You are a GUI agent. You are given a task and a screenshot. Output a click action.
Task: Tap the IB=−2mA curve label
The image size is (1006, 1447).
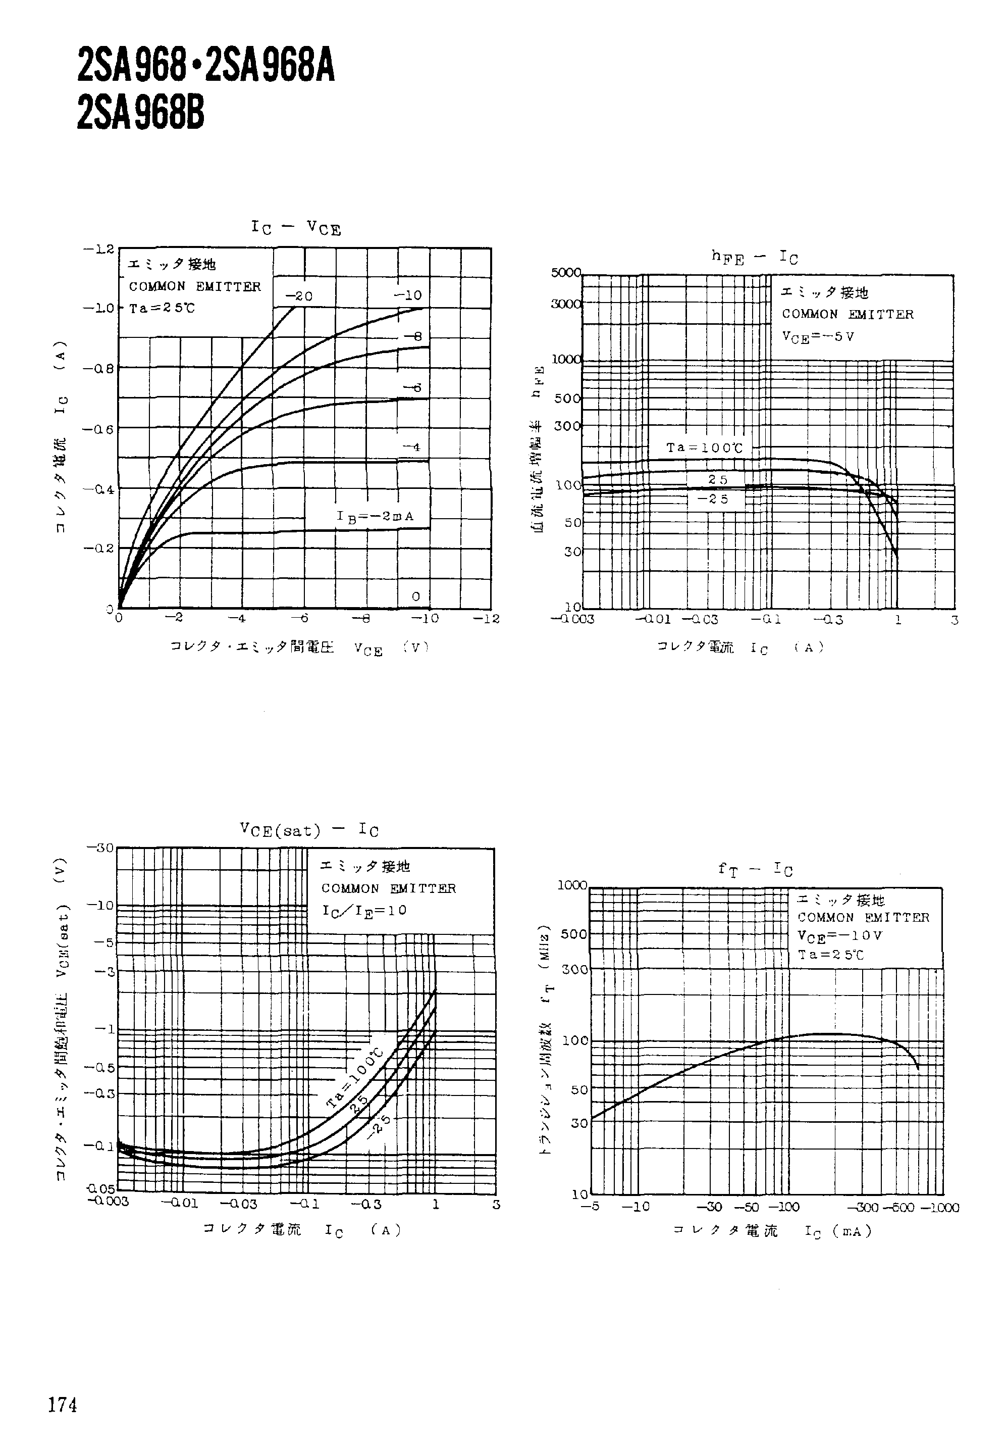(375, 517)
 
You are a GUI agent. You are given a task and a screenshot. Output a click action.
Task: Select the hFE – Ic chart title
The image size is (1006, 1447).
(754, 257)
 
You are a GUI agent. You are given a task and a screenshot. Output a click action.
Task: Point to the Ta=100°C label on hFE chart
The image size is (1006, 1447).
(704, 447)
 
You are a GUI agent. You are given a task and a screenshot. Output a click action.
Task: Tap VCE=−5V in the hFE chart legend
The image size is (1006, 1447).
(818, 336)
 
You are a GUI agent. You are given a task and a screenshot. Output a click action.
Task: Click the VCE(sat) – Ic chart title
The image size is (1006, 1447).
(309, 829)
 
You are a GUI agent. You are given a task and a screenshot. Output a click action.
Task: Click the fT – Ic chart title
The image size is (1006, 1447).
(755, 870)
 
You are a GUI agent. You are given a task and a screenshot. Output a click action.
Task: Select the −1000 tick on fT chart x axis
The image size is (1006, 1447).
(939, 1208)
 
